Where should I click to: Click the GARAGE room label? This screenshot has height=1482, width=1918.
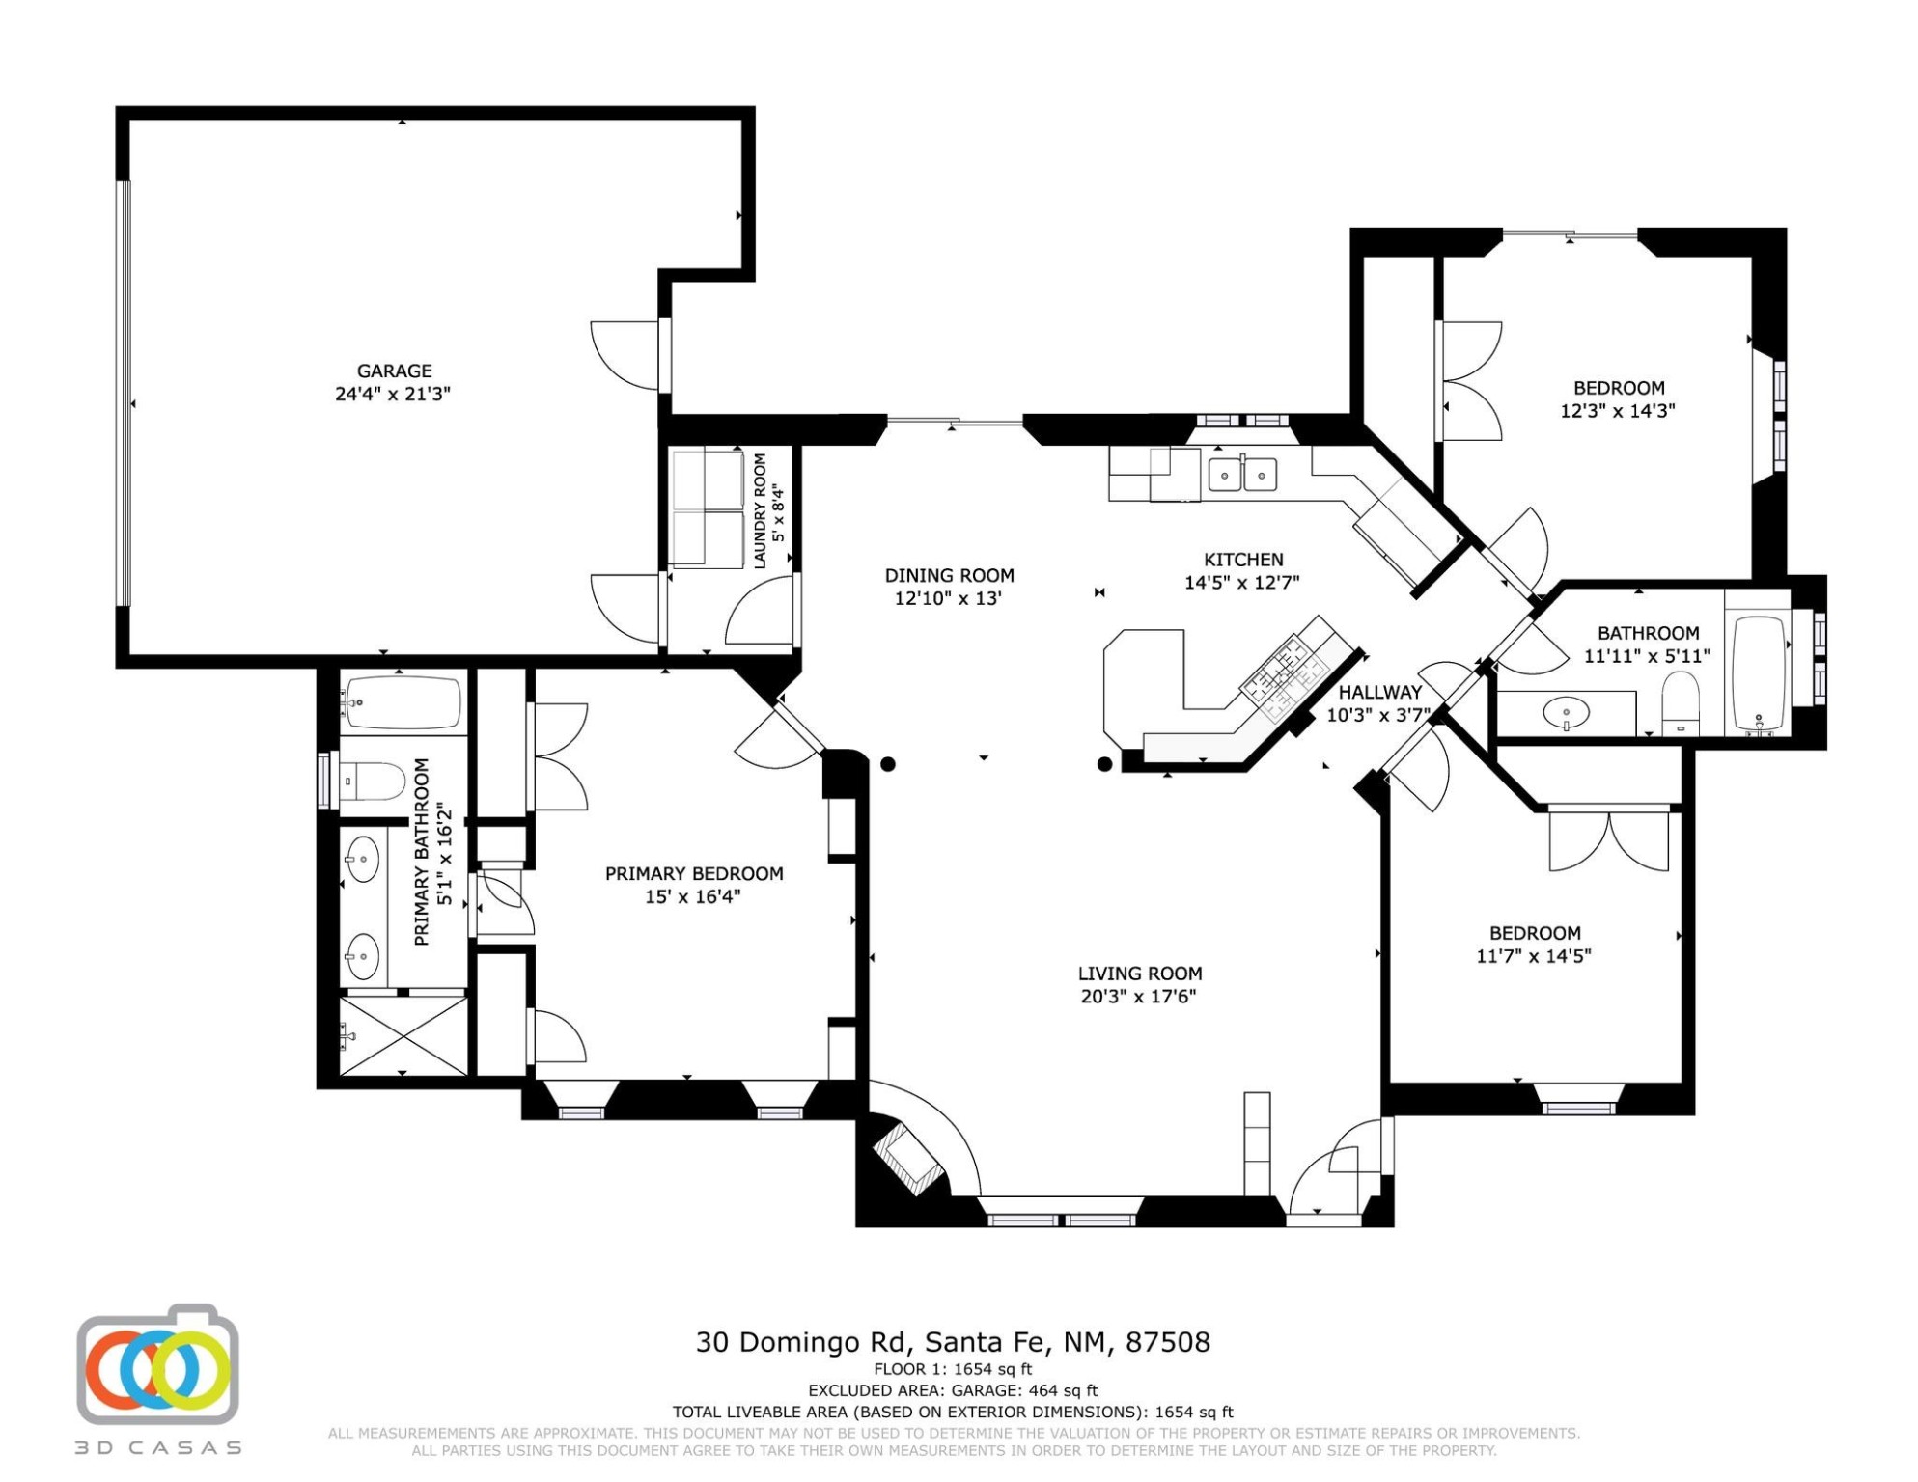click(394, 370)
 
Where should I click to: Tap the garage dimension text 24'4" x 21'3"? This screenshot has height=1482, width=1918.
click(393, 394)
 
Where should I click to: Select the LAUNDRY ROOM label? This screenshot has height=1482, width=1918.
click(760, 510)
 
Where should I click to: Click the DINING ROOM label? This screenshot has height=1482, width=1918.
click(949, 575)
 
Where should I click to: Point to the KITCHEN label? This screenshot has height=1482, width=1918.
click(1243, 560)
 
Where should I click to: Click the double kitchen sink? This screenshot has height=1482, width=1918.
click(1242, 475)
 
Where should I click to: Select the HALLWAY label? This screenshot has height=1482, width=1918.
click(1379, 692)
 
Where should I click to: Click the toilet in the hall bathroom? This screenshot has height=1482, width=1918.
click(1681, 702)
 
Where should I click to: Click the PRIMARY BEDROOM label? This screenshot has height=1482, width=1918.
click(694, 873)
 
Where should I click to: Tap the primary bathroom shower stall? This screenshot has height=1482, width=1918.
click(403, 1036)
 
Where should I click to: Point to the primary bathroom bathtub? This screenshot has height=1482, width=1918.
click(403, 702)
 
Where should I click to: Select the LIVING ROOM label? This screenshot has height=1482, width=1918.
click(1140, 974)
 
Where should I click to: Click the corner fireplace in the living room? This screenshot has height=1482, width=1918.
click(907, 1157)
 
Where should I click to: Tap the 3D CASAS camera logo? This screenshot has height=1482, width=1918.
click(157, 1364)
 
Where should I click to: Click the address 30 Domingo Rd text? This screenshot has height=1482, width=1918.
click(802, 1342)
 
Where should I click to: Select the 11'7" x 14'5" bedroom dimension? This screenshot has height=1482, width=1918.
click(1534, 956)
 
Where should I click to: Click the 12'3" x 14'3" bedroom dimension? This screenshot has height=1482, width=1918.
click(1618, 410)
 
